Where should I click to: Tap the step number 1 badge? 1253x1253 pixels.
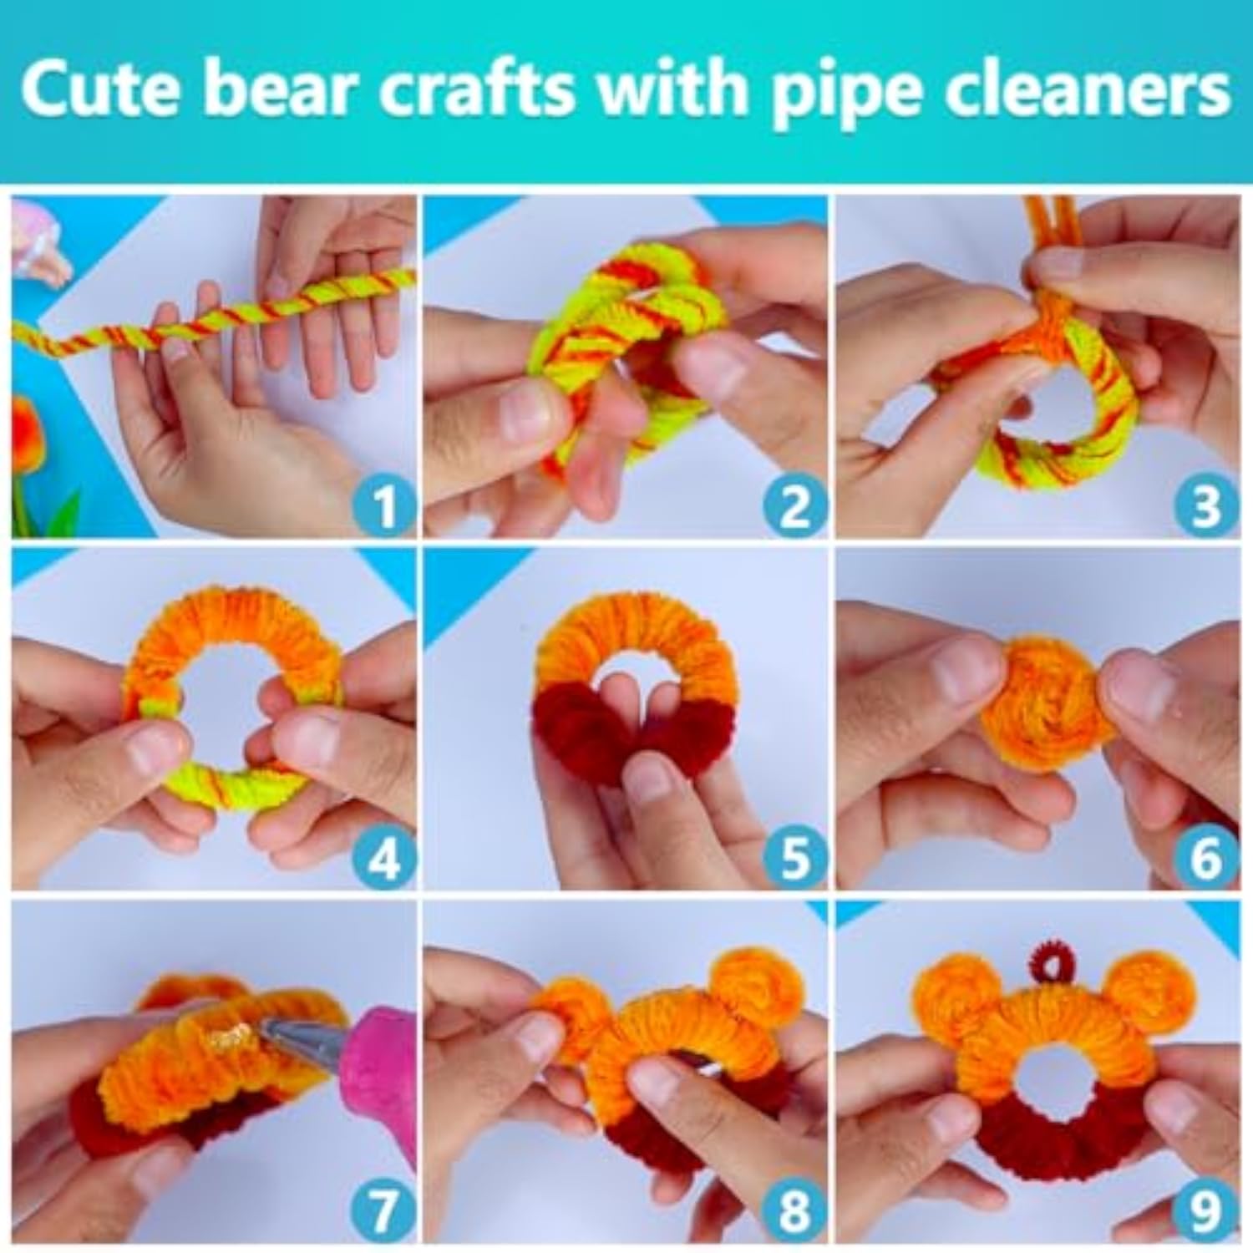[x=383, y=506]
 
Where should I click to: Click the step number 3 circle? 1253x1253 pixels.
[x=1205, y=506]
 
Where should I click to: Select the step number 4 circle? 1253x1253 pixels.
[x=383, y=858]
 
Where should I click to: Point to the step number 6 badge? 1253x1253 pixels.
[x=1205, y=858]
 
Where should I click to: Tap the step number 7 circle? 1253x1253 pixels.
[x=383, y=1210]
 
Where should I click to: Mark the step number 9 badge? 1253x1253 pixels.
[x=1205, y=1210]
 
